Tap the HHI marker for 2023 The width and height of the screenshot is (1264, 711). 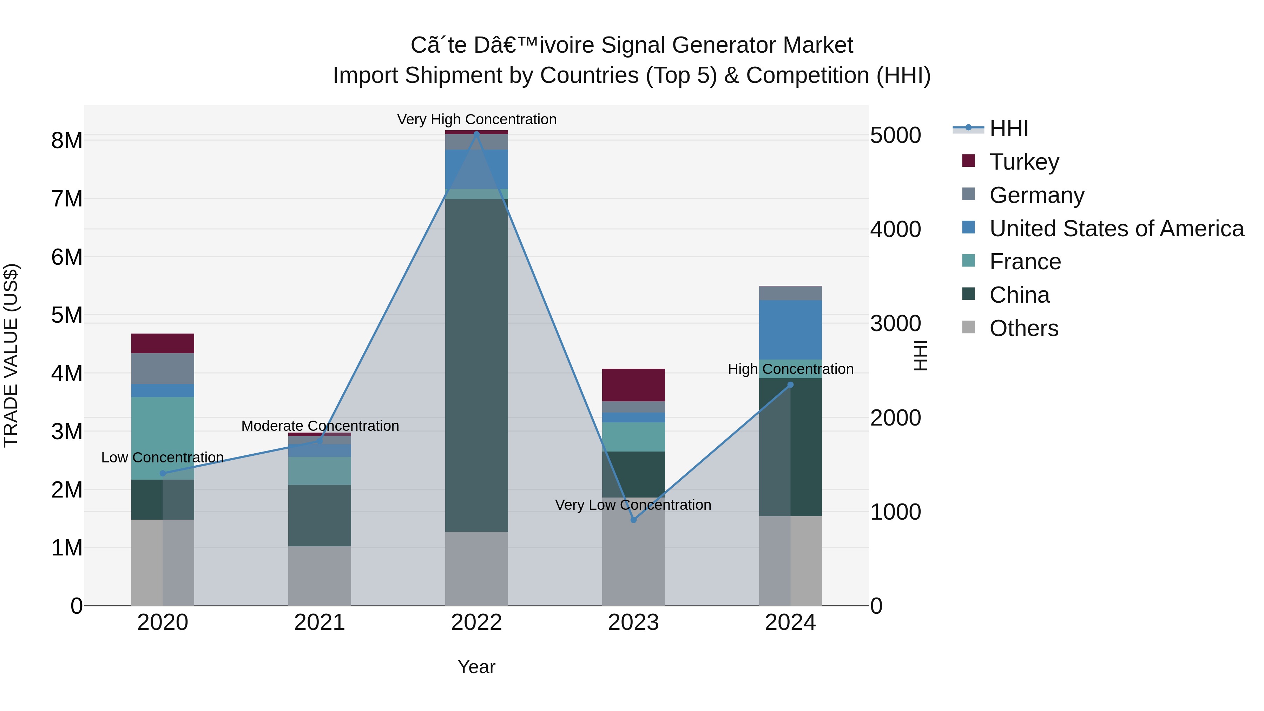pyautogui.click(x=633, y=520)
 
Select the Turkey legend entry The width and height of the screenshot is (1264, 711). pyautogui.click(x=1024, y=162)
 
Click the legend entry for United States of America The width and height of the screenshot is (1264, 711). pyautogui.click(x=1116, y=229)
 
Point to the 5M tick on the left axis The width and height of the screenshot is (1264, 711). pyautogui.click(x=67, y=315)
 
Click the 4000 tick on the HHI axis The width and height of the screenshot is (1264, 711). pyautogui.click(x=895, y=230)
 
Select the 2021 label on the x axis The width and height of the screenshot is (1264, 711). pyautogui.click(x=320, y=623)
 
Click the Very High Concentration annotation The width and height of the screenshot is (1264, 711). pyautogui.click(x=476, y=119)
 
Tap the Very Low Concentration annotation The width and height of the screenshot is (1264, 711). pyautogui.click(x=633, y=505)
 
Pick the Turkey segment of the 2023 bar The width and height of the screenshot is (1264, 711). pyautogui.click(x=633, y=385)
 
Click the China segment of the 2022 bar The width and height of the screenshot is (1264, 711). pyautogui.click(x=476, y=365)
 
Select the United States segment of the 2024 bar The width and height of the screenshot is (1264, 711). pyautogui.click(x=790, y=330)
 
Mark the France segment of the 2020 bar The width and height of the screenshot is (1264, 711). pyautogui.click(x=163, y=438)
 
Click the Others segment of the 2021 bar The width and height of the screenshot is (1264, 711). pyautogui.click(x=320, y=575)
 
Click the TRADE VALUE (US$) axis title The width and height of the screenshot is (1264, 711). pyautogui.click(x=11, y=355)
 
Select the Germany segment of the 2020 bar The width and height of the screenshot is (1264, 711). pyautogui.click(x=163, y=369)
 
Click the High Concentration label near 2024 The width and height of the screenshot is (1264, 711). pyautogui.click(x=790, y=369)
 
